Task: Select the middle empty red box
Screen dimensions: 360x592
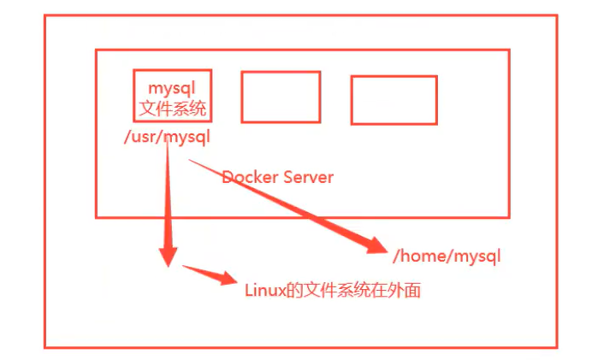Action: click(x=281, y=97)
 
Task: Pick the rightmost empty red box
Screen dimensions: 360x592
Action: click(x=394, y=100)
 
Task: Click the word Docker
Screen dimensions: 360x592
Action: click(x=249, y=177)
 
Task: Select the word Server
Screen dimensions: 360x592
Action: click(x=308, y=177)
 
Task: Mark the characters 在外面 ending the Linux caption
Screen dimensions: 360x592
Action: click(x=399, y=291)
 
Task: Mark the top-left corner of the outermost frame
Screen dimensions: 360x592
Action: click(x=45, y=15)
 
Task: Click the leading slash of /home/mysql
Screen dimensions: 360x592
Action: click(x=396, y=255)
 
